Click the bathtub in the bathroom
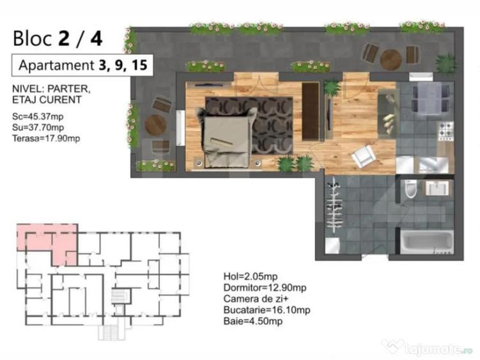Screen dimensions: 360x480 pos(426,243)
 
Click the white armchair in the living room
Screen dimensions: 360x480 pos(363,156)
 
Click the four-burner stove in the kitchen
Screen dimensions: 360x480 pos(445,131)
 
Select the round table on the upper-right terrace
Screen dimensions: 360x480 pos(391,59)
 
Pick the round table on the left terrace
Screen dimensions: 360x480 pos(155,124)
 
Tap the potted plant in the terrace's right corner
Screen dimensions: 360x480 pos(445,63)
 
